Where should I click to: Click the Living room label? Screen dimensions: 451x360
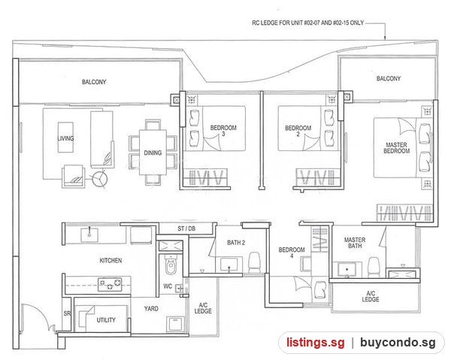[65, 138]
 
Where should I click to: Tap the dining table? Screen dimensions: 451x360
[153, 153]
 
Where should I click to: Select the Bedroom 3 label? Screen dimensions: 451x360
[223, 131]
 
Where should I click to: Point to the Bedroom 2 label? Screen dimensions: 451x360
[298, 131]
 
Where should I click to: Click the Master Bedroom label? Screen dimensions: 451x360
[396, 148]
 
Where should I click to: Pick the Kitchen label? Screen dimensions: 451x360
[110, 261]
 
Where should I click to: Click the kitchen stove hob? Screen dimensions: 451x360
[110, 284]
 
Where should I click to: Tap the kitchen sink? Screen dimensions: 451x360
[89, 235]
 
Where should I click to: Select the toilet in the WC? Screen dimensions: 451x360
[171, 265]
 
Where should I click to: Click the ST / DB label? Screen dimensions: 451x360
[186, 228]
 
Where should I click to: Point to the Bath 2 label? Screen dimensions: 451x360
[236, 243]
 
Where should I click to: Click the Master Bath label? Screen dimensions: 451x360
[355, 243]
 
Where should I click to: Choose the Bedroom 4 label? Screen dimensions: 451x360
[292, 253]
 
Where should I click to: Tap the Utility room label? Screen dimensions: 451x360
[106, 320]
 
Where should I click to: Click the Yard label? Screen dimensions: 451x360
[151, 309]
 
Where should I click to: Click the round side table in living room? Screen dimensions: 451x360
[100, 180]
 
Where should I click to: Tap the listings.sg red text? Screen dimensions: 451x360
[315, 343]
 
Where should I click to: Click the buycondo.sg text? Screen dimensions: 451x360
[398, 343]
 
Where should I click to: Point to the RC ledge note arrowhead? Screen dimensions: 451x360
[385, 38]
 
